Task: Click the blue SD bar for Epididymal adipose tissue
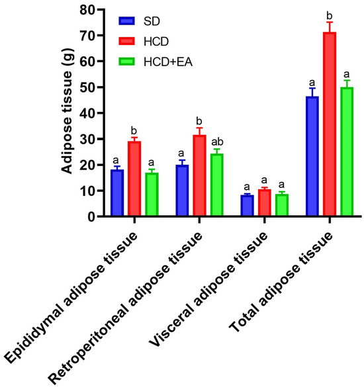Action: click(x=117, y=193)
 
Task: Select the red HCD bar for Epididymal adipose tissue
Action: click(x=134, y=179)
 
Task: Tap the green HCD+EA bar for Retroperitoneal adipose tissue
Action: click(x=217, y=185)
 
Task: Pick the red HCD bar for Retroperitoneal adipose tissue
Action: click(x=199, y=175)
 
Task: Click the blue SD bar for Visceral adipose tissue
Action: click(x=247, y=205)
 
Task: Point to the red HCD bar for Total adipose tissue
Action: click(x=330, y=124)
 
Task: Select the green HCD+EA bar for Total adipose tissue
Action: click(x=347, y=151)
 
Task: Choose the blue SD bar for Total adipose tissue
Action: click(x=312, y=156)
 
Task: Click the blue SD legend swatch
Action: click(x=127, y=21)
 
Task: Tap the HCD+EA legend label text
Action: click(x=168, y=62)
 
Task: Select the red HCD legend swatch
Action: click(x=127, y=41)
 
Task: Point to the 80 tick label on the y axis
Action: click(x=87, y=10)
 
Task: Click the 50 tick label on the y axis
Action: click(x=87, y=87)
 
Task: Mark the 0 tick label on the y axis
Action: click(x=91, y=217)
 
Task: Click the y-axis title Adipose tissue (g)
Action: click(x=67, y=111)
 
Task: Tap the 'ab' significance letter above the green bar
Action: click(x=217, y=142)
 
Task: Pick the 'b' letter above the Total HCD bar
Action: click(x=330, y=16)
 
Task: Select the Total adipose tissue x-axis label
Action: click(x=281, y=282)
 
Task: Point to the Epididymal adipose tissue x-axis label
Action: click(x=71, y=298)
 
